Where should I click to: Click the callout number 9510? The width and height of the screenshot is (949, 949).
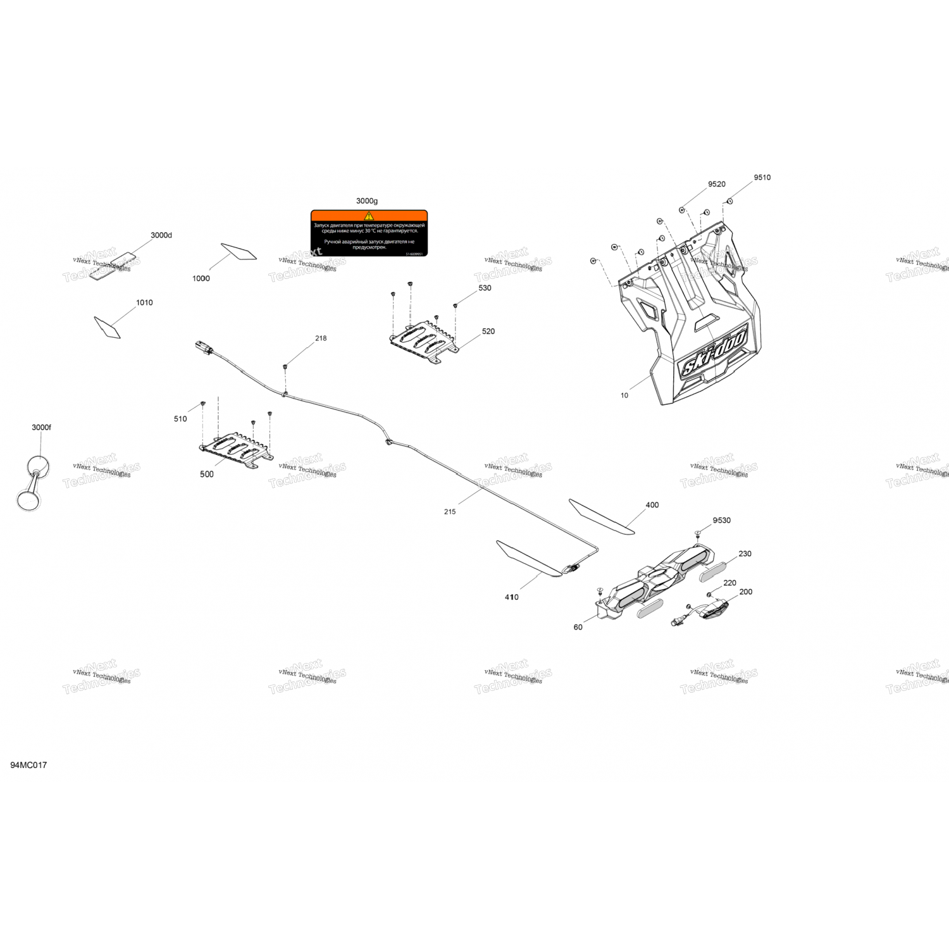click(762, 178)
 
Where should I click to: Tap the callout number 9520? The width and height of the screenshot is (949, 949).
click(716, 184)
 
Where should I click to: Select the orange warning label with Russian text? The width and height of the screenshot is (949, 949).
click(369, 233)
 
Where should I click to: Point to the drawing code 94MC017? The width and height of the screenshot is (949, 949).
click(28, 765)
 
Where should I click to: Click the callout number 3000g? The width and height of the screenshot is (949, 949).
click(366, 201)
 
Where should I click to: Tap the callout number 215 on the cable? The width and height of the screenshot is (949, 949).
click(449, 512)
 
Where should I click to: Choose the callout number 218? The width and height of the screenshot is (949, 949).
click(321, 338)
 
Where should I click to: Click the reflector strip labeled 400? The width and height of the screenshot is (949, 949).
click(600, 517)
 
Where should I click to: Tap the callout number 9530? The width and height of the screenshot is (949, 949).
click(721, 521)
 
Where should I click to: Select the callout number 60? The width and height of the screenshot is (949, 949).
click(578, 628)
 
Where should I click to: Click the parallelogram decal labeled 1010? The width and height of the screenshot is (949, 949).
click(107, 327)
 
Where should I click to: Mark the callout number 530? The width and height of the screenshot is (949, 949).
click(485, 288)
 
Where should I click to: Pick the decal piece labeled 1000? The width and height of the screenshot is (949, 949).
click(239, 252)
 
